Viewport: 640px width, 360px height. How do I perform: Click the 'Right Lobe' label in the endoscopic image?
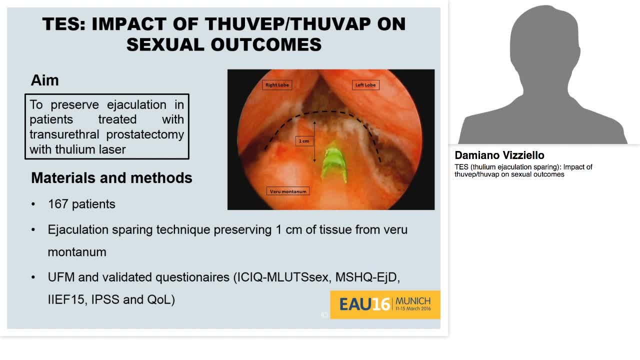[277, 85]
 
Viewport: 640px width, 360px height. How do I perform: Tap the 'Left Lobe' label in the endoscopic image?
[365, 85]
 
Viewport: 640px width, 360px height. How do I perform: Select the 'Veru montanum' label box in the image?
[288, 191]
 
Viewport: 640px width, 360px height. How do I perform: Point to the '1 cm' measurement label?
[304, 141]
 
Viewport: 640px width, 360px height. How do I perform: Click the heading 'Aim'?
[44, 80]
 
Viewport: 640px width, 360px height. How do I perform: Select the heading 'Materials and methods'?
[111, 178]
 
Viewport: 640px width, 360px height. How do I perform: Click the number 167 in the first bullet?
[58, 204]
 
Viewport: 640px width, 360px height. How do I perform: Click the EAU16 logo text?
[364, 304]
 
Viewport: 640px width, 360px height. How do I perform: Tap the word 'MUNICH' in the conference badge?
[413, 301]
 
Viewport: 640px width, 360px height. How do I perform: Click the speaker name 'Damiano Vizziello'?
[499, 155]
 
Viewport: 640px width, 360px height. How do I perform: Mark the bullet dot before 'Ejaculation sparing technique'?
[33, 230]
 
